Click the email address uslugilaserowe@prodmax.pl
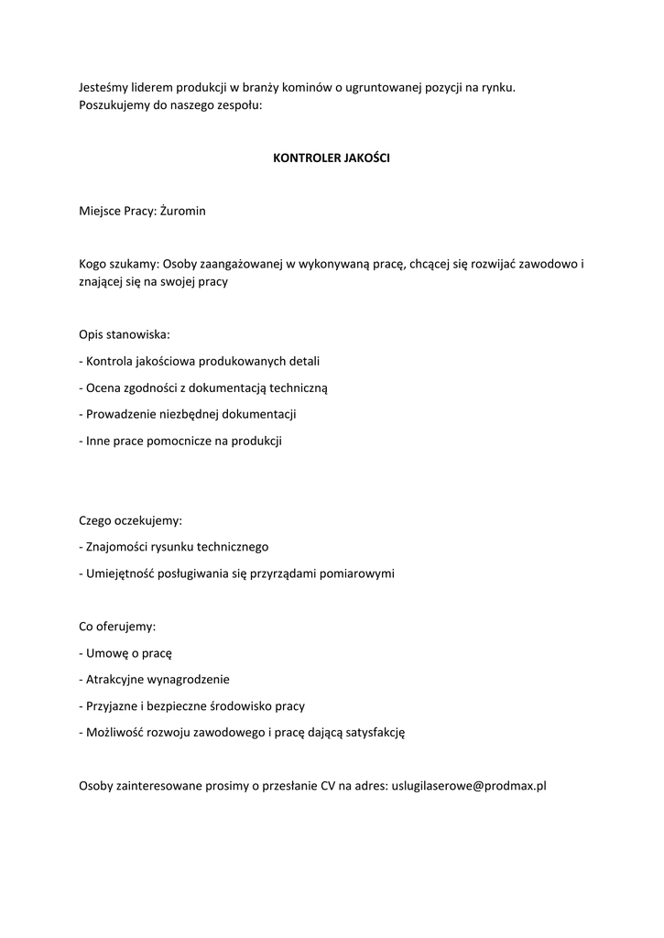(469, 785)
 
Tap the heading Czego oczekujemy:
(131, 520)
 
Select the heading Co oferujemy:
(118, 627)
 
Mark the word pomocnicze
(187, 441)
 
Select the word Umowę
(107, 653)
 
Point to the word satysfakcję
(372, 733)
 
